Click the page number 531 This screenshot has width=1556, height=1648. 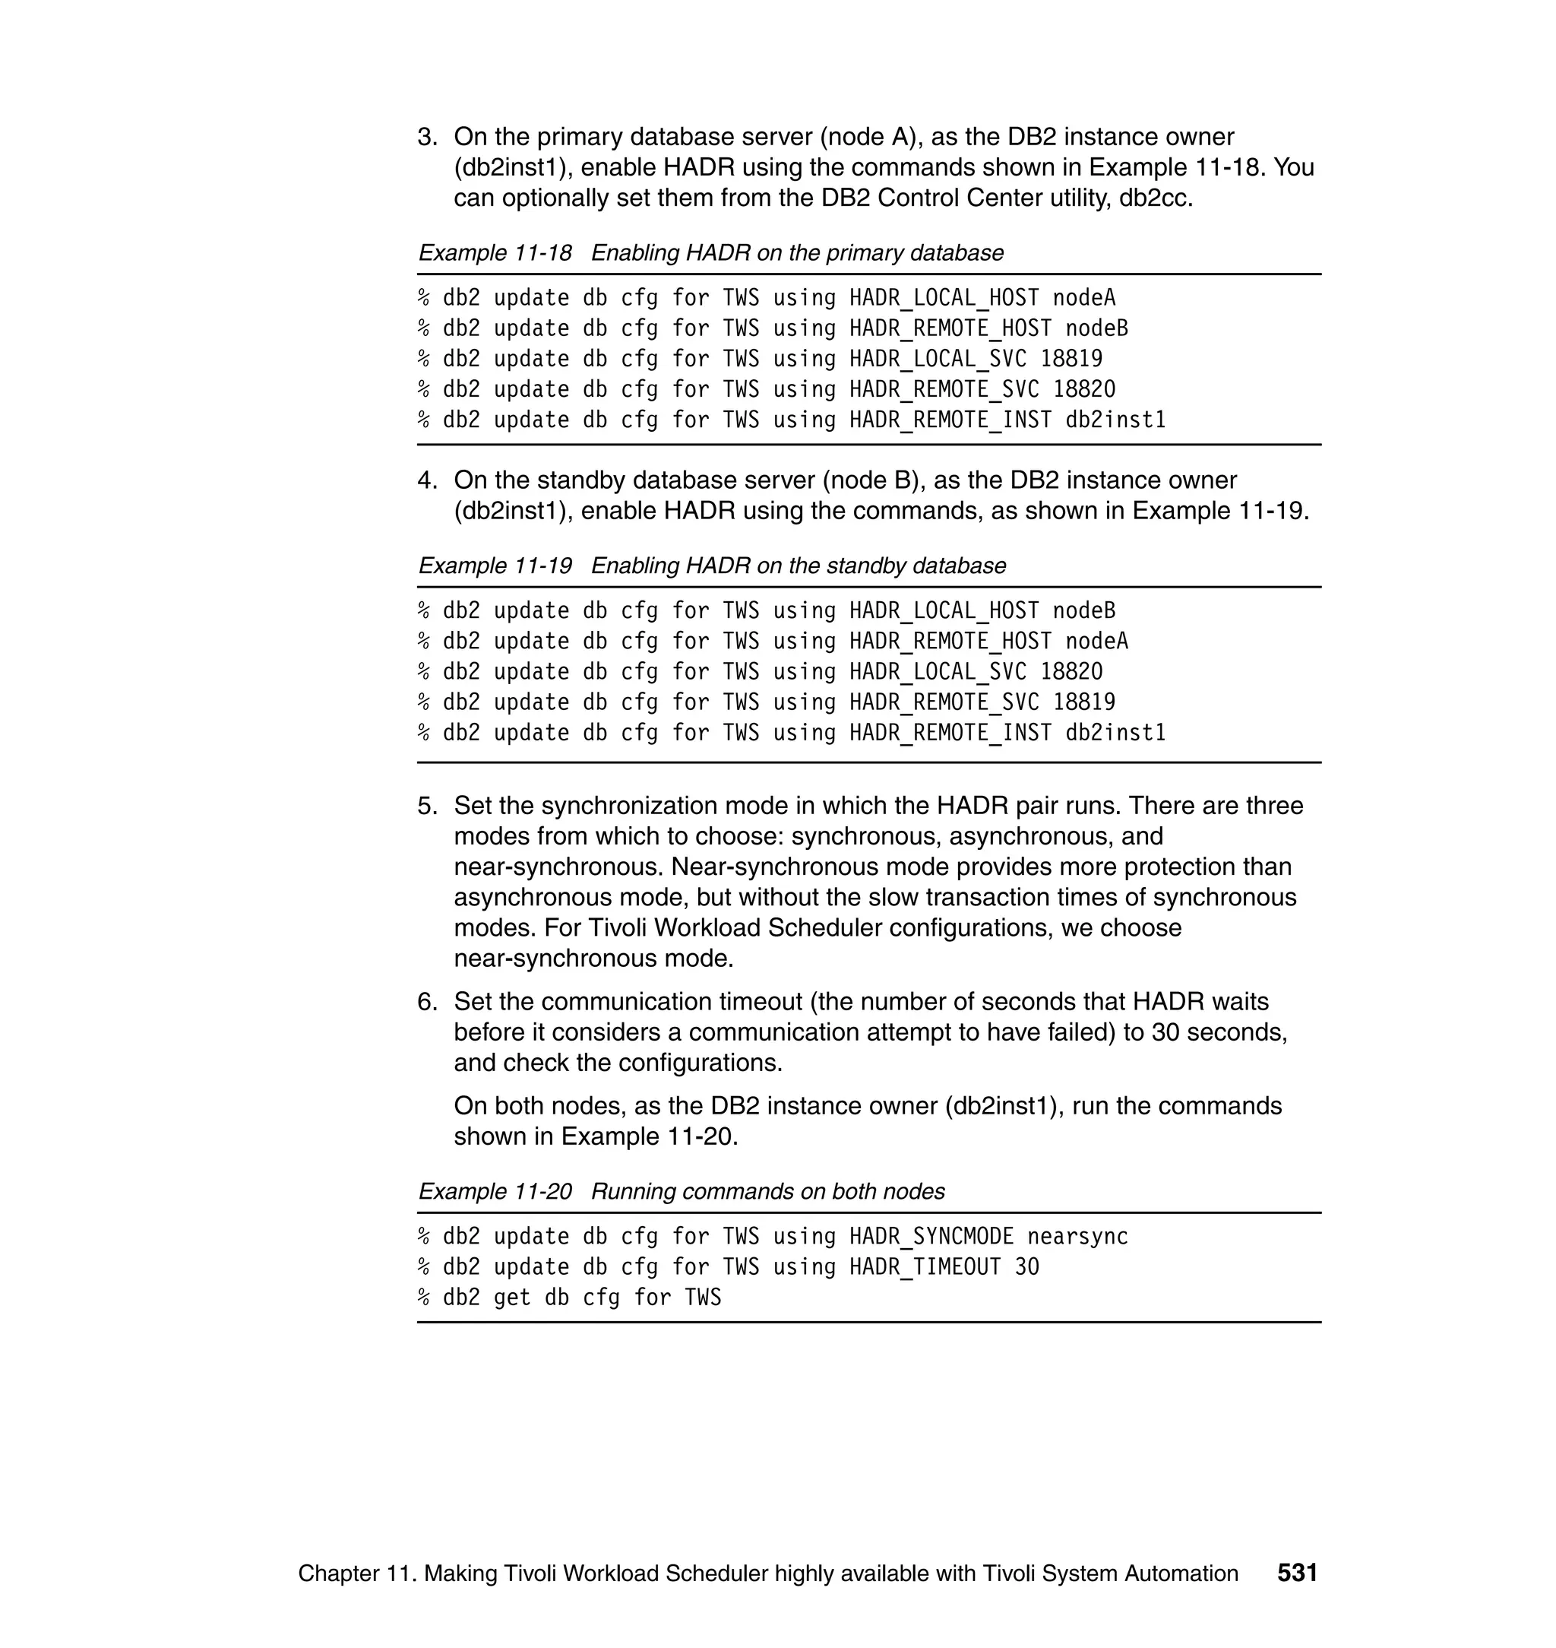coord(1297,1573)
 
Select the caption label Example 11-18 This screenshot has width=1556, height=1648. coord(495,253)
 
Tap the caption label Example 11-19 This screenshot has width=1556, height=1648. coord(495,566)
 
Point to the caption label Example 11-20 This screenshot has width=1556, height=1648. coord(495,1192)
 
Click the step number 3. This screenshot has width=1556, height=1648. coord(426,137)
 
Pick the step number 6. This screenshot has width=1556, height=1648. coord(426,1002)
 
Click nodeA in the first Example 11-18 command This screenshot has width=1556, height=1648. coord(1084,298)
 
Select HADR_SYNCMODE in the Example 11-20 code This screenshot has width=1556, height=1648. coord(931,1237)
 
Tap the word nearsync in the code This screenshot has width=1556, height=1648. coord(1077,1237)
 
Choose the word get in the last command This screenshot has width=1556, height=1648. coord(512,1298)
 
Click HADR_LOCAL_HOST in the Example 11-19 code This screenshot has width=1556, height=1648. coord(944,610)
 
